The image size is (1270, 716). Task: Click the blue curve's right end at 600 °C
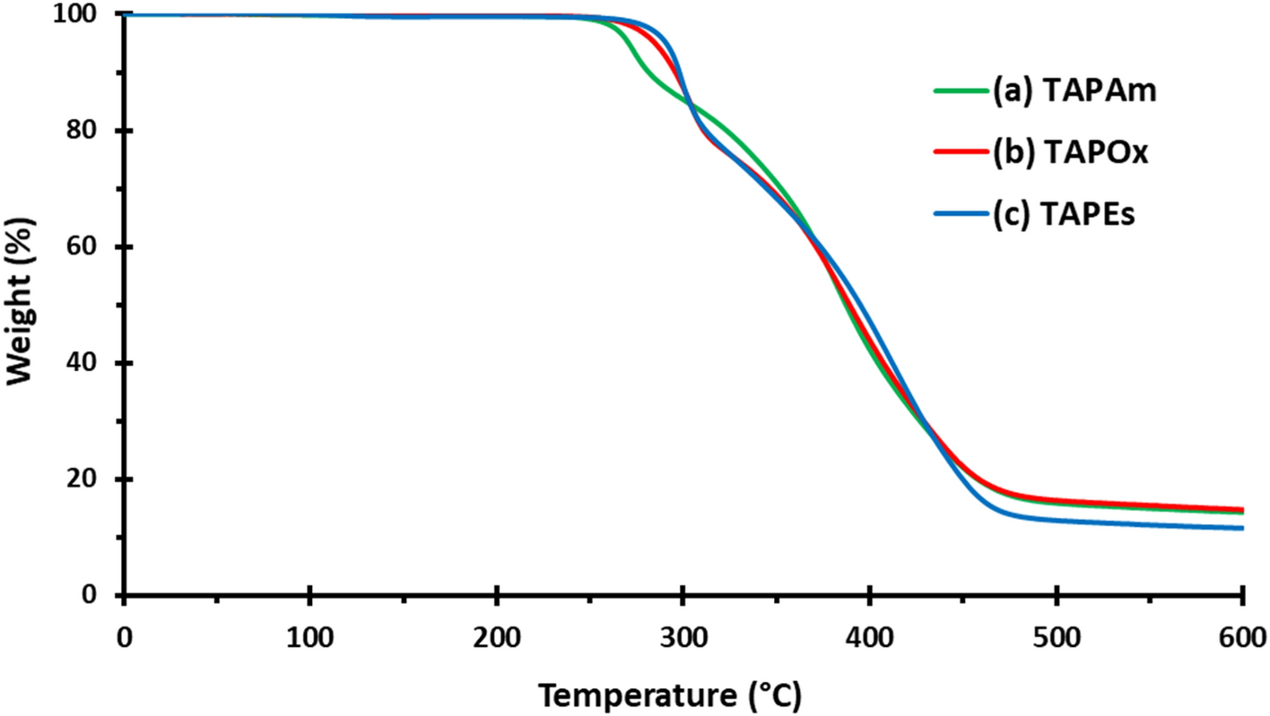[x=1241, y=528]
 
